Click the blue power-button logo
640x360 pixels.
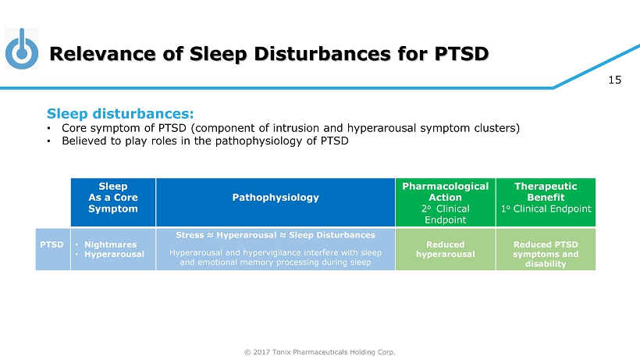22,49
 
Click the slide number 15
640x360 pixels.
615,80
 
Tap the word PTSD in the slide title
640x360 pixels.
461,54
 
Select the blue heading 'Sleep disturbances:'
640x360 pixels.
120,113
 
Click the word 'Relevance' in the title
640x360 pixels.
102,54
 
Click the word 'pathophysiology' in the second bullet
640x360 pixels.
261,141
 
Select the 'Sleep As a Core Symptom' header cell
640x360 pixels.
113,202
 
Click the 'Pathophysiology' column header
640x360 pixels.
276,202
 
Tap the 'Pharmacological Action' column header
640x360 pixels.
446,202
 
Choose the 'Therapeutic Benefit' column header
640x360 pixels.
546,202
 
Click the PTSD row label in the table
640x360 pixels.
52,244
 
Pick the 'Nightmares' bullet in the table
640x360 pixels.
110,244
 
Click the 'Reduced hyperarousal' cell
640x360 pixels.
446,249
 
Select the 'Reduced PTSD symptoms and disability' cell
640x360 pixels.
546,249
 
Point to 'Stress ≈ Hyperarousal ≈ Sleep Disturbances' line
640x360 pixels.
276,235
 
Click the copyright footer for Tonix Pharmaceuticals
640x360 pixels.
319,352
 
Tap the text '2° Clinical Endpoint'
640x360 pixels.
446,214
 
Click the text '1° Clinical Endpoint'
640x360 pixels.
546,209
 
